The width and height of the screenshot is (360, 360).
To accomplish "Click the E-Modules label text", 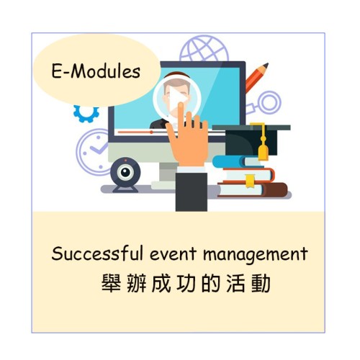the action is point(96,71).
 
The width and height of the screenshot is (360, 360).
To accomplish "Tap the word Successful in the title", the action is point(97,253).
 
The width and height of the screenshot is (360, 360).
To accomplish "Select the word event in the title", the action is point(173,254).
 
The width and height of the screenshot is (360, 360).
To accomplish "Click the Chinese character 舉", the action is point(111,283).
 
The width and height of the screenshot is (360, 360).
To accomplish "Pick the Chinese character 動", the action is point(261,283).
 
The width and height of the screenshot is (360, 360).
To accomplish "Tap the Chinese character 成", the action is point(161,283).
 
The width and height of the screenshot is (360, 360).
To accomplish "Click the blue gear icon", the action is point(86,113).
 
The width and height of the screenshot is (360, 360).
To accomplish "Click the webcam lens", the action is point(125,172).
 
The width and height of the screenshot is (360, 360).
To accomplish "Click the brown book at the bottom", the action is point(253,189).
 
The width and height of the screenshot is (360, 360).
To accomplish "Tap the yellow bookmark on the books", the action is point(250,181).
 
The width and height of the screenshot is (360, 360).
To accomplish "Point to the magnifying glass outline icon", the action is point(271,102).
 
